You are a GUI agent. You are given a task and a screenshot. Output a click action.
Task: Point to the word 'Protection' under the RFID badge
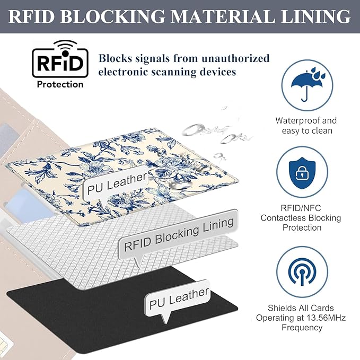click(59, 84)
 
